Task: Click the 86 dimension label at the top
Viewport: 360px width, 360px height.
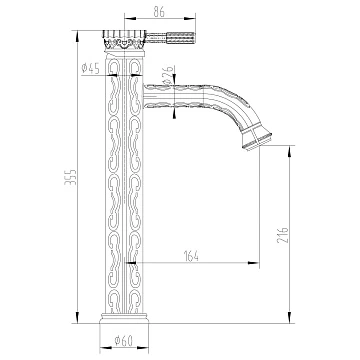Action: tap(159, 12)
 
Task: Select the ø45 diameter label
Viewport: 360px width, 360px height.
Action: tap(91, 68)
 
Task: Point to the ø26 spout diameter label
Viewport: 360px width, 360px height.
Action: tap(169, 75)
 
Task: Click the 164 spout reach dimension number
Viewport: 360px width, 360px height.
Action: tap(191, 256)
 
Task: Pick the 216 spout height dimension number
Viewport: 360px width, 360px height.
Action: tap(282, 234)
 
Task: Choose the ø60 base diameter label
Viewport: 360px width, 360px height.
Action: tap(124, 340)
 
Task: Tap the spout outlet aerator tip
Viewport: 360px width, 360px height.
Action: tap(257, 139)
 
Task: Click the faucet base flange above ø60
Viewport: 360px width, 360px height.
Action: tap(124, 319)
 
